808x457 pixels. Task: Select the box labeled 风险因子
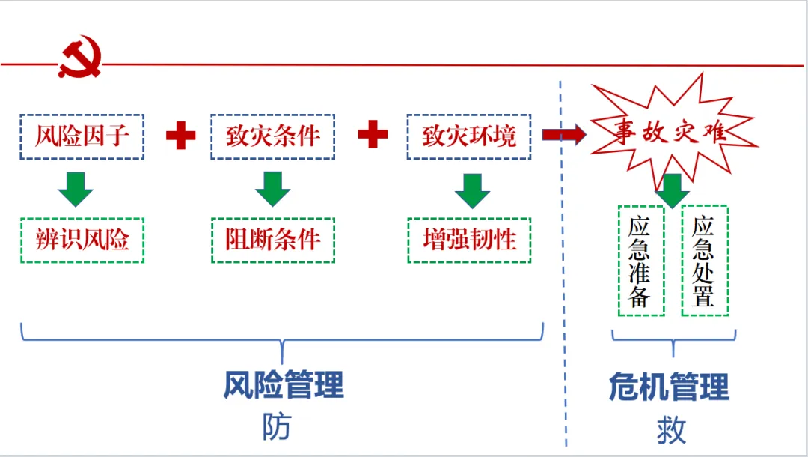82,136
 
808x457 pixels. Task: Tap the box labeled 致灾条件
272,136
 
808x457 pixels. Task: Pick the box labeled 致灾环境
468,136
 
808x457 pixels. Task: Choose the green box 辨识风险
82,240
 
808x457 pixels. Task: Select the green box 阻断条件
272,240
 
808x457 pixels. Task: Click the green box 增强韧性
469,240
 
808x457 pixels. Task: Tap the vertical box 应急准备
640,261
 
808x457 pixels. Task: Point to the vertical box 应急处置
704,261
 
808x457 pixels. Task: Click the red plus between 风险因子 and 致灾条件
180,136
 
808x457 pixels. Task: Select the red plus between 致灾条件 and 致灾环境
373,136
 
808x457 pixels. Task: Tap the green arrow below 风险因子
76,189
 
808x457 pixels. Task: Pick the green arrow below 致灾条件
273,189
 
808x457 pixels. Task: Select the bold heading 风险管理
284,386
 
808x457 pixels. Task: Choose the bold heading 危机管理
669,387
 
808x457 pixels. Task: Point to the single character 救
671,430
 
